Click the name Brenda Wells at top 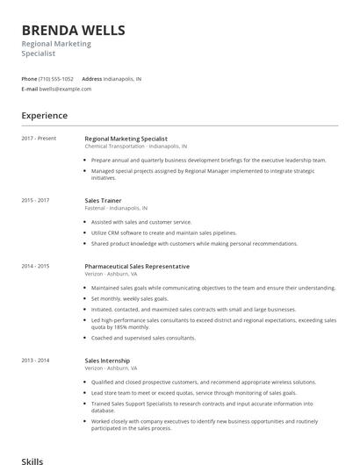(73, 30)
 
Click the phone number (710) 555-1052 (56, 78)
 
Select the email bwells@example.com (66, 89)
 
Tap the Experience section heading (44, 115)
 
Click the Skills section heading (32, 460)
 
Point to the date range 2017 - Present (39, 139)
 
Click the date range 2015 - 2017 (35, 200)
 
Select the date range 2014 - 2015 (35, 266)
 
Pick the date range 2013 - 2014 (35, 361)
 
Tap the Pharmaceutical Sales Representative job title (137, 266)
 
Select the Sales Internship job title (107, 361)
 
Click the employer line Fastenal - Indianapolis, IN (116, 209)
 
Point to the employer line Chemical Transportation (136, 147)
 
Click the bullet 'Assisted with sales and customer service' (141, 222)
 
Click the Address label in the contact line (92, 78)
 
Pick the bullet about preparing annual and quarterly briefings (208, 161)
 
